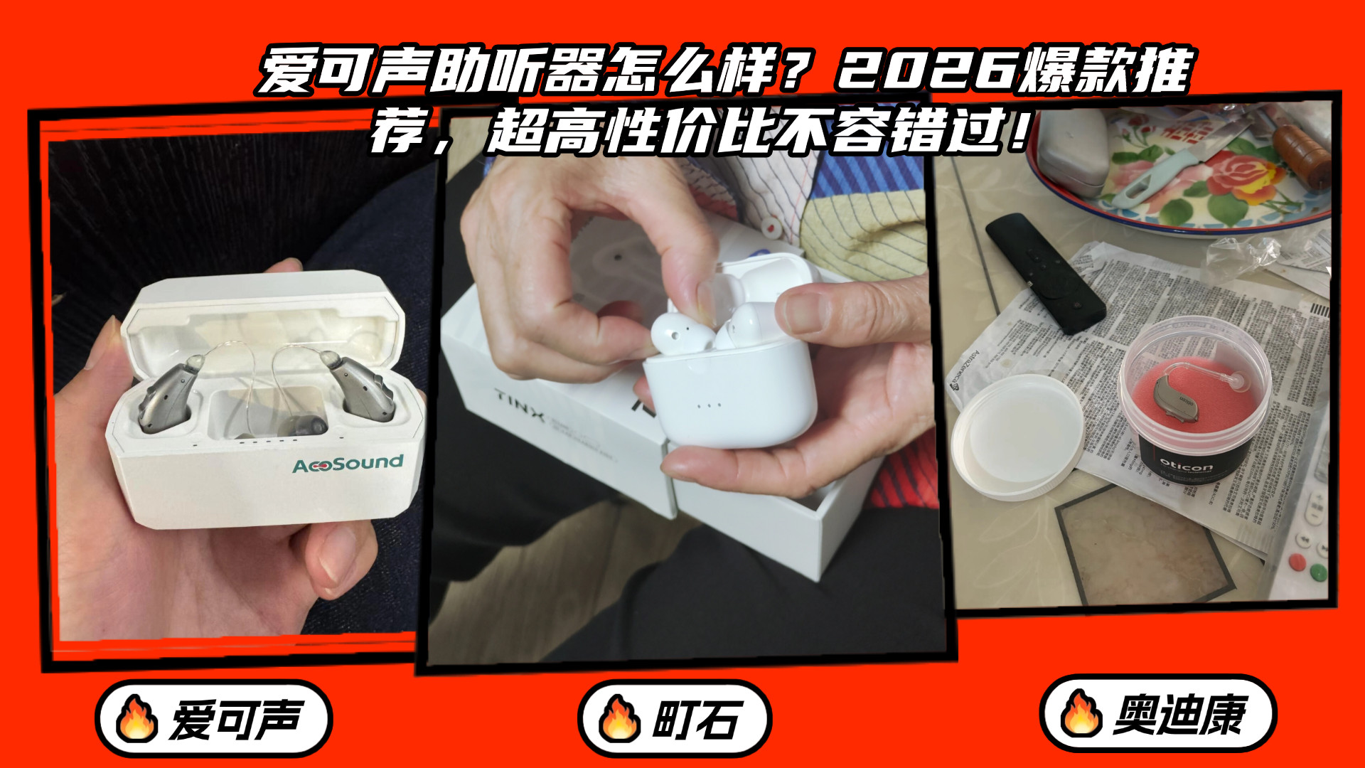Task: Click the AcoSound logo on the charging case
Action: [348, 464]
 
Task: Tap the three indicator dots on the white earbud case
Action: [709, 405]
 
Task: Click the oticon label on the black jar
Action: [1186, 466]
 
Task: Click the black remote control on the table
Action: [1046, 273]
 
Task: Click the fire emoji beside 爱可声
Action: [136, 718]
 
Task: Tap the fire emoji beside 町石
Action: [619, 718]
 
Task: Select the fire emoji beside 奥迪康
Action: [1081, 713]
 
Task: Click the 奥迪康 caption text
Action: [1179, 714]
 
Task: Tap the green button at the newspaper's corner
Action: [1317, 571]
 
